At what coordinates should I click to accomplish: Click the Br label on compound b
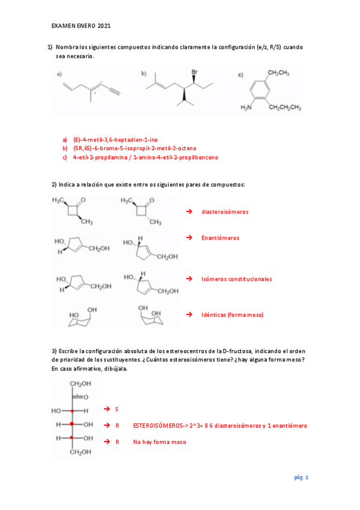pos(194,72)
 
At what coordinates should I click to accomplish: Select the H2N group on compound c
pos(246,108)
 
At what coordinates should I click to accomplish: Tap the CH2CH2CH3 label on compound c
pos(285,108)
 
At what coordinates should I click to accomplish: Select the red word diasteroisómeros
pos(225,212)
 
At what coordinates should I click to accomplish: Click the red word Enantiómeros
pos(220,238)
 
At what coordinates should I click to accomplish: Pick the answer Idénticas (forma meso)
pos(233,315)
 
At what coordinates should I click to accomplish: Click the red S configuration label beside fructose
pos(117,409)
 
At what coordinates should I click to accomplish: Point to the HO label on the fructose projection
pos(56,411)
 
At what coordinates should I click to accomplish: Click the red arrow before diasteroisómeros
pos(189,212)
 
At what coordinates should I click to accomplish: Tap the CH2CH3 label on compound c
pos(279,73)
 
